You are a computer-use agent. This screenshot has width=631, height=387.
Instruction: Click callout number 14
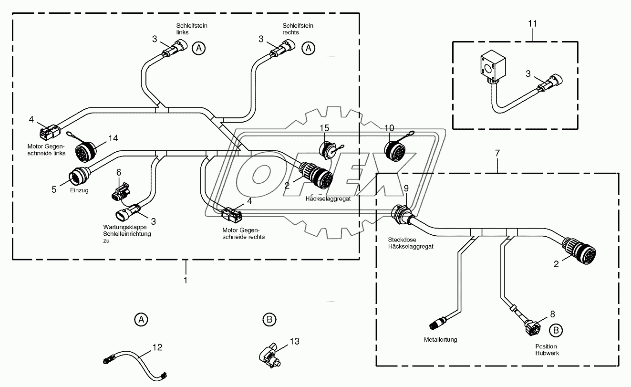[x=113, y=138]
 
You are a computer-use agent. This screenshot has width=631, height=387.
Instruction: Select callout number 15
[x=324, y=128]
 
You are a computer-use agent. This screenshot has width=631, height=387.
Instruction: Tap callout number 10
[x=389, y=128]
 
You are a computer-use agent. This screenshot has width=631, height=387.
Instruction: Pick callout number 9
[x=406, y=188]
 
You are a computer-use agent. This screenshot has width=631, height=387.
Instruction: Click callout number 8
[x=552, y=314]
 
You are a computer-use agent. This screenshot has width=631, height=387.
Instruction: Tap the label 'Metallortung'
[x=440, y=340]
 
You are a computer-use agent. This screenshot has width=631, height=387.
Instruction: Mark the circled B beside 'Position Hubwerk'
[x=555, y=329]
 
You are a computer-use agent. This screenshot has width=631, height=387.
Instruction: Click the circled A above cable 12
[x=140, y=320]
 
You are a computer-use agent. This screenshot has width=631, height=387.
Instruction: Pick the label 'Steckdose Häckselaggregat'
[x=411, y=243]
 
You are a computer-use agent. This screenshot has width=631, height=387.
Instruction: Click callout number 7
[x=497, y=154]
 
